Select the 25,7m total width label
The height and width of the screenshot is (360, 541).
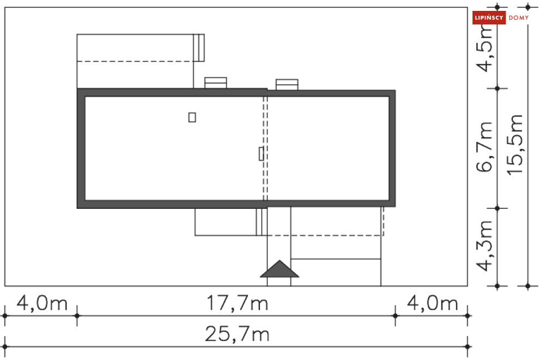(x=237, y=334)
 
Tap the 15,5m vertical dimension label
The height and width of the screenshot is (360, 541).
(x=515, y=145)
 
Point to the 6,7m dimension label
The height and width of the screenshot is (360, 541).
(x=484, y=147)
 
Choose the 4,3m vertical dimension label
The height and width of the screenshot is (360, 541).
(x=484, y=246)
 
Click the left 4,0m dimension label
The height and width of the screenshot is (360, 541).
(x=41, y=303)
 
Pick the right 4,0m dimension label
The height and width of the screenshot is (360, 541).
(x=433, y=303)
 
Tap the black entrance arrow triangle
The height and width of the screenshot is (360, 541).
(x=279, y=269)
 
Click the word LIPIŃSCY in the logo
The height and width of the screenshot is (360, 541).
(x=489, y=18)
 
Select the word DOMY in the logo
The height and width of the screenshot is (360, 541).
(x=518, y=18)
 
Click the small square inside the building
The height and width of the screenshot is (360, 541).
(x=192, y=117)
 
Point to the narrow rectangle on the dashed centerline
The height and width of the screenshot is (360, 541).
(x=261, y=154)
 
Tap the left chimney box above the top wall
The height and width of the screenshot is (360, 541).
(x=215, y=83)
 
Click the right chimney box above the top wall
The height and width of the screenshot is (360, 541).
(x=287, y=84)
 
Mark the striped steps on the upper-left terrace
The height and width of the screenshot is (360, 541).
(x=199, y=47)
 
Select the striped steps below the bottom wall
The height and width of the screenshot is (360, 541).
(x=262, y=221)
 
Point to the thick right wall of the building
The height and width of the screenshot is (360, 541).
(x=392, y=148)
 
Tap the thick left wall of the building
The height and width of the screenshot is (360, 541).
(x=80, y=148)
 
